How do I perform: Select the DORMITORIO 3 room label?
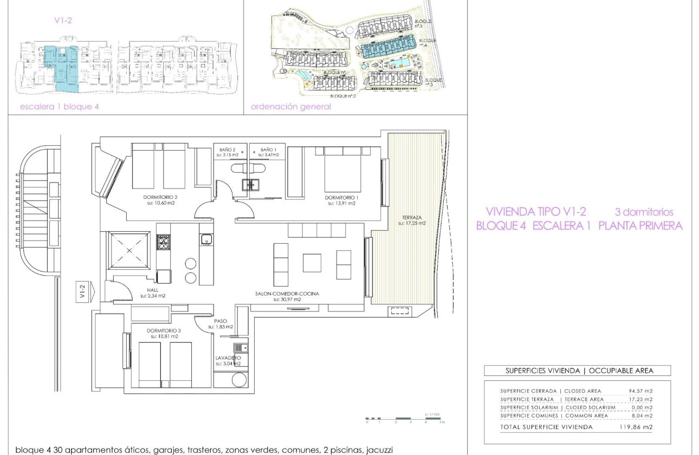point(163,330)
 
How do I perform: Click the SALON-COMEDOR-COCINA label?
point(287,294)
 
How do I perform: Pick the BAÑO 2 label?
point(228,149)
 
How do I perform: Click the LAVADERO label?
point(228,357)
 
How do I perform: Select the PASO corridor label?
point(221,321)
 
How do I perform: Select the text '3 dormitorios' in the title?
point(644,212)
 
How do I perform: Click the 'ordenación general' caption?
point(290,107)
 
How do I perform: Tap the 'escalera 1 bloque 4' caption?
point(59,107)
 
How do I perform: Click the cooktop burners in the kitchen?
point(163,242)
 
